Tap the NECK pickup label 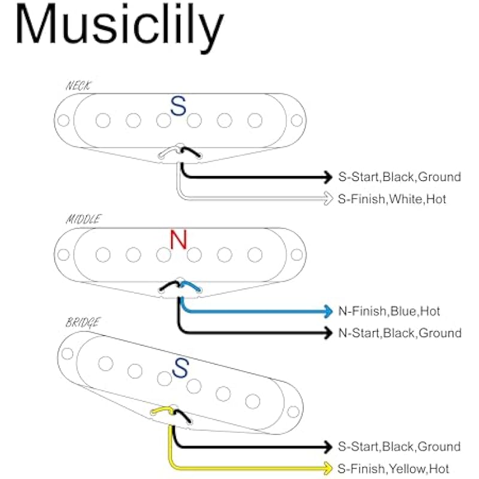(x=78, y=86)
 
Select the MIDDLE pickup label (x=83, y=220)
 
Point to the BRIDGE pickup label (x=82, y=323)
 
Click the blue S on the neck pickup (x=178, y=107)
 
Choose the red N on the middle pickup (x=178, y=240)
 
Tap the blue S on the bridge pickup (x=179, y=368)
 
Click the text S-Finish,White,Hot (x=392, y=199)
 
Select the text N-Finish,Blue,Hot (x=389, y=311)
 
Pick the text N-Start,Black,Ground (x=400, y=333)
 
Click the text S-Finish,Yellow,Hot (x=394, y=468)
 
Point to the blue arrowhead (x=328, y=311)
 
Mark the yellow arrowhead (x=328, y=468)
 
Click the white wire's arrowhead (x=328, y=198)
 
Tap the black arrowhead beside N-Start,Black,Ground (x=328, y=333)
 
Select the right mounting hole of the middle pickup (x=296, y=254)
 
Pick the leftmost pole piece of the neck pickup (x=103, y=121)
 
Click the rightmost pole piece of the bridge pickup (x=253, y=401)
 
